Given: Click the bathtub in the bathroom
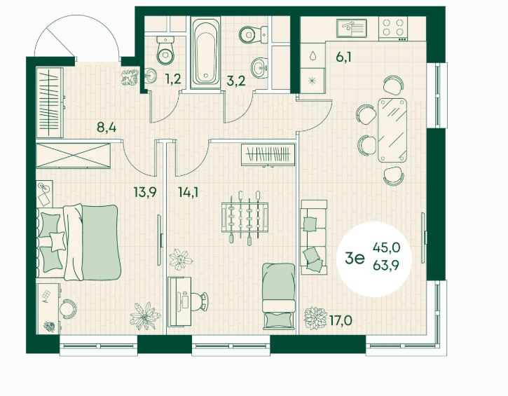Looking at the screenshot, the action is [x=206, y=53].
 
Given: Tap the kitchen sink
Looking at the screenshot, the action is [x=351, y=28].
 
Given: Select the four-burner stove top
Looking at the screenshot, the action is [x=393, y=29].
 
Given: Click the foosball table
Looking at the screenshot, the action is [x=245, y=217].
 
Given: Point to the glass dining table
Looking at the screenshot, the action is [x=392, y=130].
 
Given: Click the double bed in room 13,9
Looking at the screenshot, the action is [x=78, y=242].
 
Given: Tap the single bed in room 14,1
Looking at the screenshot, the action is [x=279, y=296].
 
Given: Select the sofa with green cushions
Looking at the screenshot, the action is [x=313, y=237].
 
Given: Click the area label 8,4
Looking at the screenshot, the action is [x=107, y=128].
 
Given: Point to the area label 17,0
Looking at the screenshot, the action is [x=341, y=321].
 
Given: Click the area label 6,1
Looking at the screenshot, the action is [x=343, y=57].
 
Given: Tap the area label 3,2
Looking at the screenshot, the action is [x=236, y=81].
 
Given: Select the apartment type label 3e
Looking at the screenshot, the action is [x=355, y=258].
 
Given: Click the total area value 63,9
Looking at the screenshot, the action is [x=386, y=266].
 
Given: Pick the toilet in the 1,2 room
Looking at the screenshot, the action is [x=165, y=50].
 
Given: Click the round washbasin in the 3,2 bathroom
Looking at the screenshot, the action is [x=260, y=68].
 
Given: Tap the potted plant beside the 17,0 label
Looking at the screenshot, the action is [x=315, y=318].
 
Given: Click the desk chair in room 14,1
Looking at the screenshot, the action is [x=199, y=301].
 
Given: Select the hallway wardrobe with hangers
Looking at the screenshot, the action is [x=50, y=102].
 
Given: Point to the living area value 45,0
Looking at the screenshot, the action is [x=386, y=248].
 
